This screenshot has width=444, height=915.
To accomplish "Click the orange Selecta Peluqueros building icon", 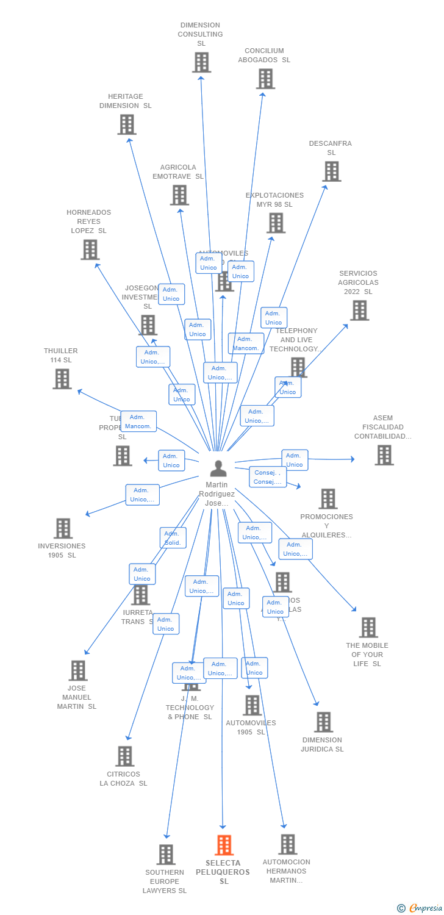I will tap(224, 845).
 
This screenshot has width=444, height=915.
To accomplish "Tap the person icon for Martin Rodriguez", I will tap(218, 468).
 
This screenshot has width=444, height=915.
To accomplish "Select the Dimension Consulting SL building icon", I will tap(201, 62).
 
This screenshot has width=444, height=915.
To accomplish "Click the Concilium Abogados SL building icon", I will tap(265, 79).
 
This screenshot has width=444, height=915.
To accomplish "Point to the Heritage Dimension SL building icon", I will tap(126, 124).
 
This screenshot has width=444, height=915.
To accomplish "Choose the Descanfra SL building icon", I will tap(331, 171).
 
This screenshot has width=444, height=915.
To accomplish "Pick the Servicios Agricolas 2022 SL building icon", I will tap(359, 310).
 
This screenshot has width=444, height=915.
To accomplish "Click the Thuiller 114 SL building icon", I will tap(62, 379).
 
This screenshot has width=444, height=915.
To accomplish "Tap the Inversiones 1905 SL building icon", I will tap(63, 528).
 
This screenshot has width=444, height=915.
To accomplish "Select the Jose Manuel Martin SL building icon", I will tap(77, 670).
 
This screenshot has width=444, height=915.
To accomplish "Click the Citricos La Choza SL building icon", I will tap(124, 756).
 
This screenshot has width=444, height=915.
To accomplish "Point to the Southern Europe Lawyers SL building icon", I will tap(165, 855).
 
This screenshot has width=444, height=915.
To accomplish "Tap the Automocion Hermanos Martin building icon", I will tap(287, 844).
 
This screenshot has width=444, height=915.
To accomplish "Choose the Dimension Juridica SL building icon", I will tap(323, 722).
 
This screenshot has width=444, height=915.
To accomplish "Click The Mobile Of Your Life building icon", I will tap(368, 627).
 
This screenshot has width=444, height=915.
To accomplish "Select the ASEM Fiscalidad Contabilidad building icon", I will tap(384, 455).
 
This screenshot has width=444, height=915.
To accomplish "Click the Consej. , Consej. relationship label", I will tap(268, 477).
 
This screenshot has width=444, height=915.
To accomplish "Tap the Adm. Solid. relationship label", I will tap(173, 538).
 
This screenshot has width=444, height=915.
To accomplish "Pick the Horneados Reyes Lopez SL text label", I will tap(89, 221).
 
